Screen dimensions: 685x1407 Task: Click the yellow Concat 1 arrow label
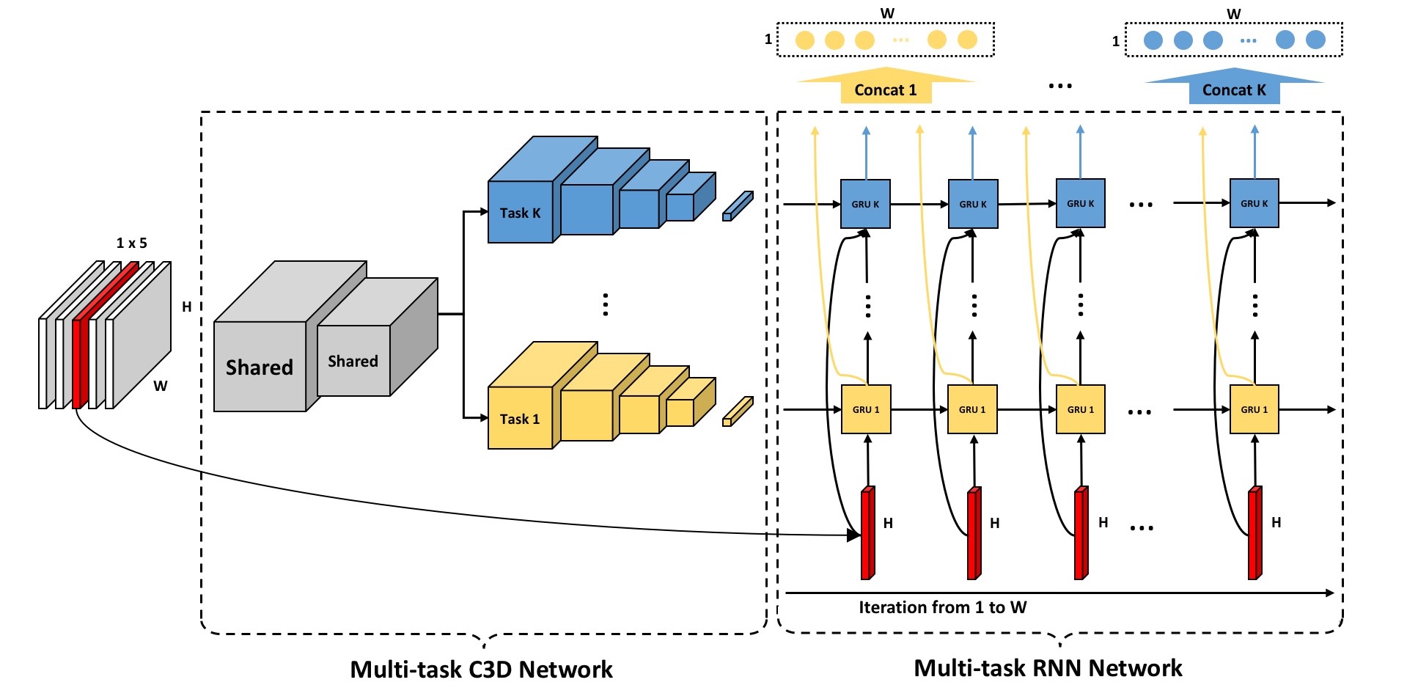point(885,90)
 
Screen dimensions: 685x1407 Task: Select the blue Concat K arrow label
point(1234,90)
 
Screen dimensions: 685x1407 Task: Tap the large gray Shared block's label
point(259,367)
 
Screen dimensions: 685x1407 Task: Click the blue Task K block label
point(520,213)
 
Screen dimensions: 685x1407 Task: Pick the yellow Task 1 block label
point(519,420)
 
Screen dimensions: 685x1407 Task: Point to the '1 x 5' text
point(132,243)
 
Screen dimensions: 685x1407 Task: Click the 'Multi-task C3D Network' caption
point(481,669)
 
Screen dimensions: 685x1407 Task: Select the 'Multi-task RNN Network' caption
point(1048,667)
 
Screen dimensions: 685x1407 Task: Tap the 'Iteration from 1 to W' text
point(942,607)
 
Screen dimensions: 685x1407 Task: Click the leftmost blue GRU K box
point(865,204)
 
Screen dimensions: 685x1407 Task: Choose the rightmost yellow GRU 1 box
point(1254,409)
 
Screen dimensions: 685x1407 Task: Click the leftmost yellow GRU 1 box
point(866,409)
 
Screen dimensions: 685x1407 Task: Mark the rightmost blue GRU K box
point(1254,203)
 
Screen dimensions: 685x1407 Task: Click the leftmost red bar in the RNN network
point(867,533)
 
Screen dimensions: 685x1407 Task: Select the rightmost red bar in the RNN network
point(1254,533)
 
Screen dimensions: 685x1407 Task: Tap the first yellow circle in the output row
point(805,40)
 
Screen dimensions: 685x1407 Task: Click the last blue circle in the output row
point(1315,40)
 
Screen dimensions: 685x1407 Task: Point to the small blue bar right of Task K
point(738,206)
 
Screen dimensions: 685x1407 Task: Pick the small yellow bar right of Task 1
point(738,411)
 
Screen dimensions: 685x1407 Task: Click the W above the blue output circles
point(1234,14)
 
